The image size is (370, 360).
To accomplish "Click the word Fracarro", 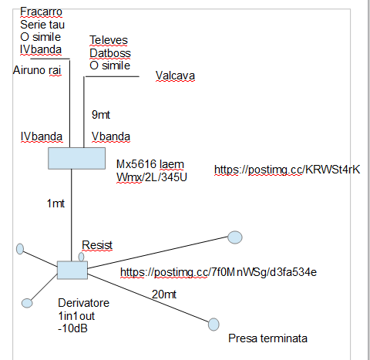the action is click(41, 12).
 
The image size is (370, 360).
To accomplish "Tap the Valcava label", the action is click(175, 76).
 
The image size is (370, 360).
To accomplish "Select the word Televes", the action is click(109, 40).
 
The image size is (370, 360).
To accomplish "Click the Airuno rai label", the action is click(37, 70).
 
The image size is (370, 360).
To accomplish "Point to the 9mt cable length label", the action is click(101, 115).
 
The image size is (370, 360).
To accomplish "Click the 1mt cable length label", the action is click(55, 204).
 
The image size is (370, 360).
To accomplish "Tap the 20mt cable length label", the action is click(164, 294).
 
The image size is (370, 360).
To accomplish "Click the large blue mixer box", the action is click(76, 158).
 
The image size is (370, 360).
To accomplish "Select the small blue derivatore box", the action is click(72, 270).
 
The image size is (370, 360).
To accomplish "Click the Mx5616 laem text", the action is click(150, 164).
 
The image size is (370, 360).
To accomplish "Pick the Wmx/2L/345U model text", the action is click(152, 177).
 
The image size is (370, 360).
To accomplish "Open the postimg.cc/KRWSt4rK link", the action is click(287, 170).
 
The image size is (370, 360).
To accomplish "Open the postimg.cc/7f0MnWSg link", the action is click(218, 272).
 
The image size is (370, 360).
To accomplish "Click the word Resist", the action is click(97, 245).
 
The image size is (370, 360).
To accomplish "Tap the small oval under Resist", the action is click(81, 257).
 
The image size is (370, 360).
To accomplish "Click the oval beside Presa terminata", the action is click(214, 325).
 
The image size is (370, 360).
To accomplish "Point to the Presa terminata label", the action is click(267, 338).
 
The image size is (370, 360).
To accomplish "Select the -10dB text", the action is click(72, 328).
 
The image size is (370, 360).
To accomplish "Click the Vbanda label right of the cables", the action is click(111, 136).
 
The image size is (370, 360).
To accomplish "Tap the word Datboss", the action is click(110, 53).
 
